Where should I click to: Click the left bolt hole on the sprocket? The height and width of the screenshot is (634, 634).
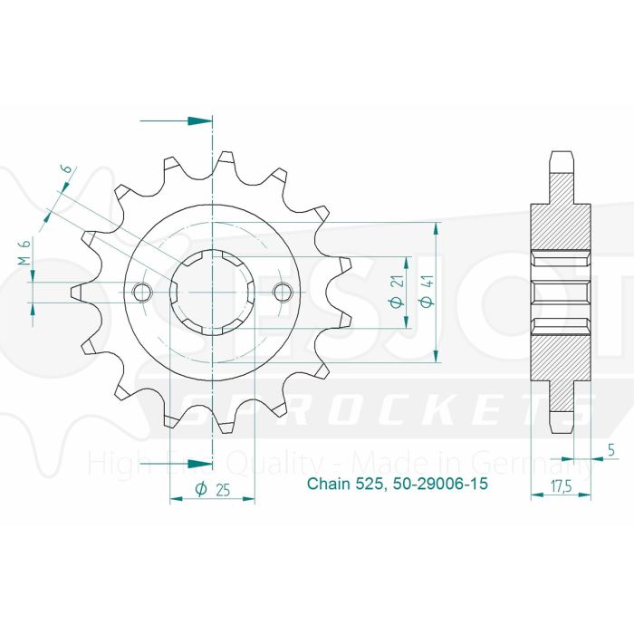141,292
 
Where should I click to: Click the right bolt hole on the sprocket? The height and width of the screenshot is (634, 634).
283,292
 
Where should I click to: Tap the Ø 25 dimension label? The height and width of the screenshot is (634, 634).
212,489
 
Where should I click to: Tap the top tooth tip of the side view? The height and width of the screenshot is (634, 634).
562,158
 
